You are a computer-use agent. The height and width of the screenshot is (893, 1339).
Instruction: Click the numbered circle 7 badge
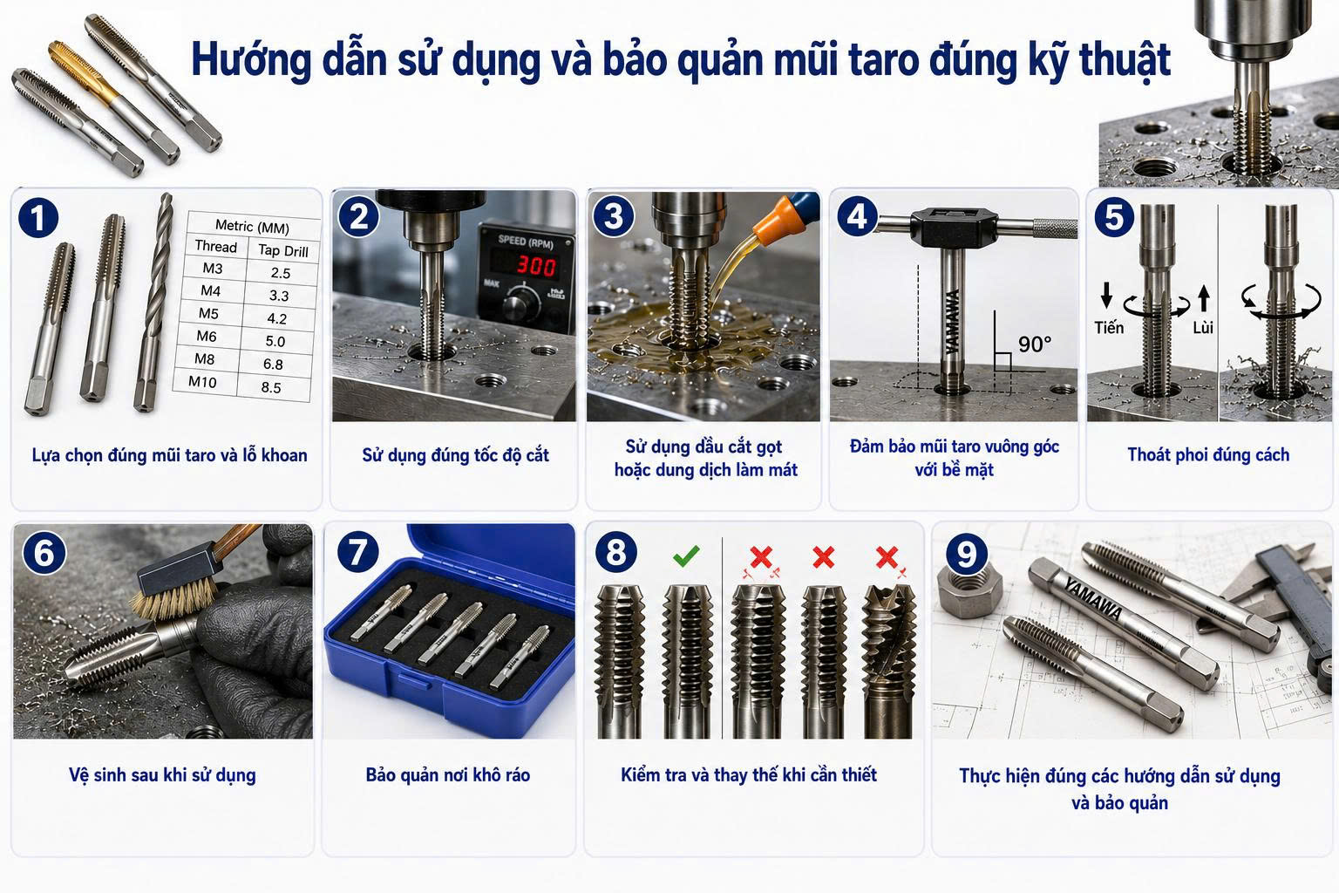357,551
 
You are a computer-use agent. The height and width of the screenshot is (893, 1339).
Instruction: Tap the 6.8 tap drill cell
273,364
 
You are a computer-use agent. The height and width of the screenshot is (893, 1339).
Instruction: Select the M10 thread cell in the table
202,382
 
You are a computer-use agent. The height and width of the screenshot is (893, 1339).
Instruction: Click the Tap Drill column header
282,250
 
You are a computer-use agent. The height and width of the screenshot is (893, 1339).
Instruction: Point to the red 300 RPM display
536,266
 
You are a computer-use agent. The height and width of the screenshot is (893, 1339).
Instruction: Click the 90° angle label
1034,344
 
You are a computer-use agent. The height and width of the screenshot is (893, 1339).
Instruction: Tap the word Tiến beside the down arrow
1109,328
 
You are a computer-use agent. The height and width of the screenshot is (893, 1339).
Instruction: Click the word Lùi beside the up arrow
1203,328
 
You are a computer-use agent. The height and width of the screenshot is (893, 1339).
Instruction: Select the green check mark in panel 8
686,556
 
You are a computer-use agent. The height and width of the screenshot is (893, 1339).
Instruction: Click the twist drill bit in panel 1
153,303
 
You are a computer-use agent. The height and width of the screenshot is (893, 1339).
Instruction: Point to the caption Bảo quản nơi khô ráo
448,775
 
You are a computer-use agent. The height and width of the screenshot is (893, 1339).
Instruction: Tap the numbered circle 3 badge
614,216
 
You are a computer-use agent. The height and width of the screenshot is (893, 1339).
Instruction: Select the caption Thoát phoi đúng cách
1208,455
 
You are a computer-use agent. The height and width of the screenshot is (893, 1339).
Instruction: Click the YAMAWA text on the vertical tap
953,321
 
